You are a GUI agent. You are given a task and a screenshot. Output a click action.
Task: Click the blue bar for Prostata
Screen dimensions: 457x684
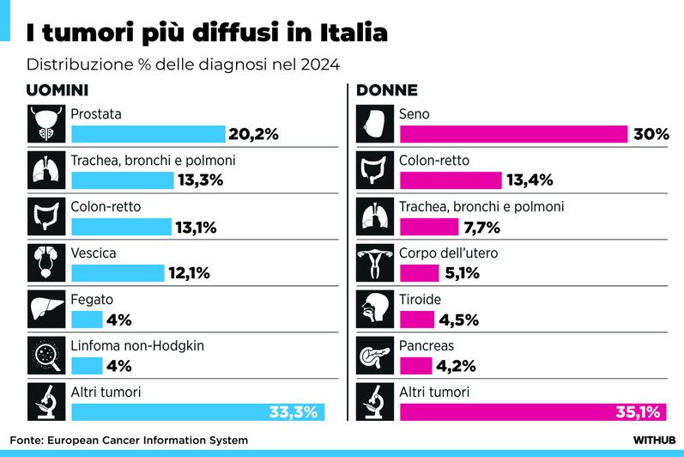pos(148,134)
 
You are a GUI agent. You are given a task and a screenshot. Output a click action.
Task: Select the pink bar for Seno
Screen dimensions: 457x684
pos(513,134)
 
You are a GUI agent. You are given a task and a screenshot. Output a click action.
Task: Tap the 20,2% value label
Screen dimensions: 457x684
pos(254,134)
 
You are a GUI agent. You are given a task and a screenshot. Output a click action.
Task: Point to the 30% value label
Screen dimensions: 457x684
pos(651,134)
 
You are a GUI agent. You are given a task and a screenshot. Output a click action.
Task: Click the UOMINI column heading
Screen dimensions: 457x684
pos(58,90)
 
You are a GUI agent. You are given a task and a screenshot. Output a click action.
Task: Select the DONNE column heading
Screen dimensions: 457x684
pos(387,90)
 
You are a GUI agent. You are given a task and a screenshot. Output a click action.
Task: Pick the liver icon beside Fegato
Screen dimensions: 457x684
pos(46,308)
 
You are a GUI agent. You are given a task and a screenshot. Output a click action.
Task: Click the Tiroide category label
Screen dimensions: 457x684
pos(420,300)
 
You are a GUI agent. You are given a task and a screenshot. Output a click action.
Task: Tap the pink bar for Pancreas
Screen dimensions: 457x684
pos(416,366)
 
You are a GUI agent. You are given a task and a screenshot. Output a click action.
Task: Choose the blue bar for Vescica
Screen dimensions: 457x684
pos(117,273)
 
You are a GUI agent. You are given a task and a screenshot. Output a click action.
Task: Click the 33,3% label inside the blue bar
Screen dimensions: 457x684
pos(294,412)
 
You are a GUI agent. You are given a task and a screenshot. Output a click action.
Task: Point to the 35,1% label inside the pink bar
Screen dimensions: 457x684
pos(637,412)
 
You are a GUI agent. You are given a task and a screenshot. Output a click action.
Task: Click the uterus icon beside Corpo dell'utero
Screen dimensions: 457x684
pos(376,262)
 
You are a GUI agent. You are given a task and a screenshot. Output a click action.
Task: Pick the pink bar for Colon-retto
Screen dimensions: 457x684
pos(451,180)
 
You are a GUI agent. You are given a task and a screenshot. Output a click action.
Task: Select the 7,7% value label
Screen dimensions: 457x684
pos(482,227)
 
